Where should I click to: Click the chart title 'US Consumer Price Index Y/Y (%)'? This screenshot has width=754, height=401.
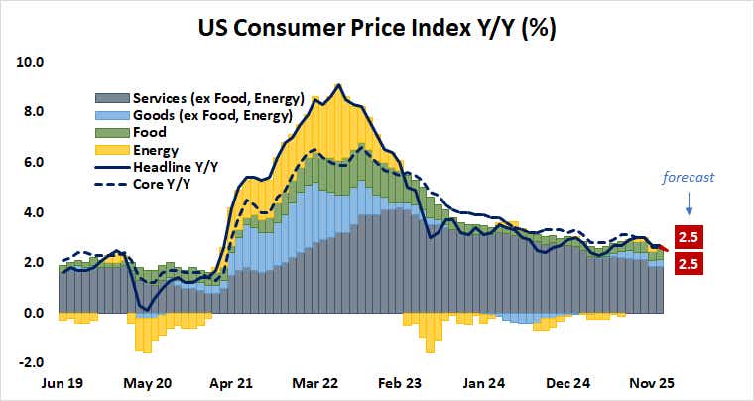376,27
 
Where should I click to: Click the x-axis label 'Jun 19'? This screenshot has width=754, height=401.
62,382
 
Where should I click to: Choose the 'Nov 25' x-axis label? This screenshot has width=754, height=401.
655,382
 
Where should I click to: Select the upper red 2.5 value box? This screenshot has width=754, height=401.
689,237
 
